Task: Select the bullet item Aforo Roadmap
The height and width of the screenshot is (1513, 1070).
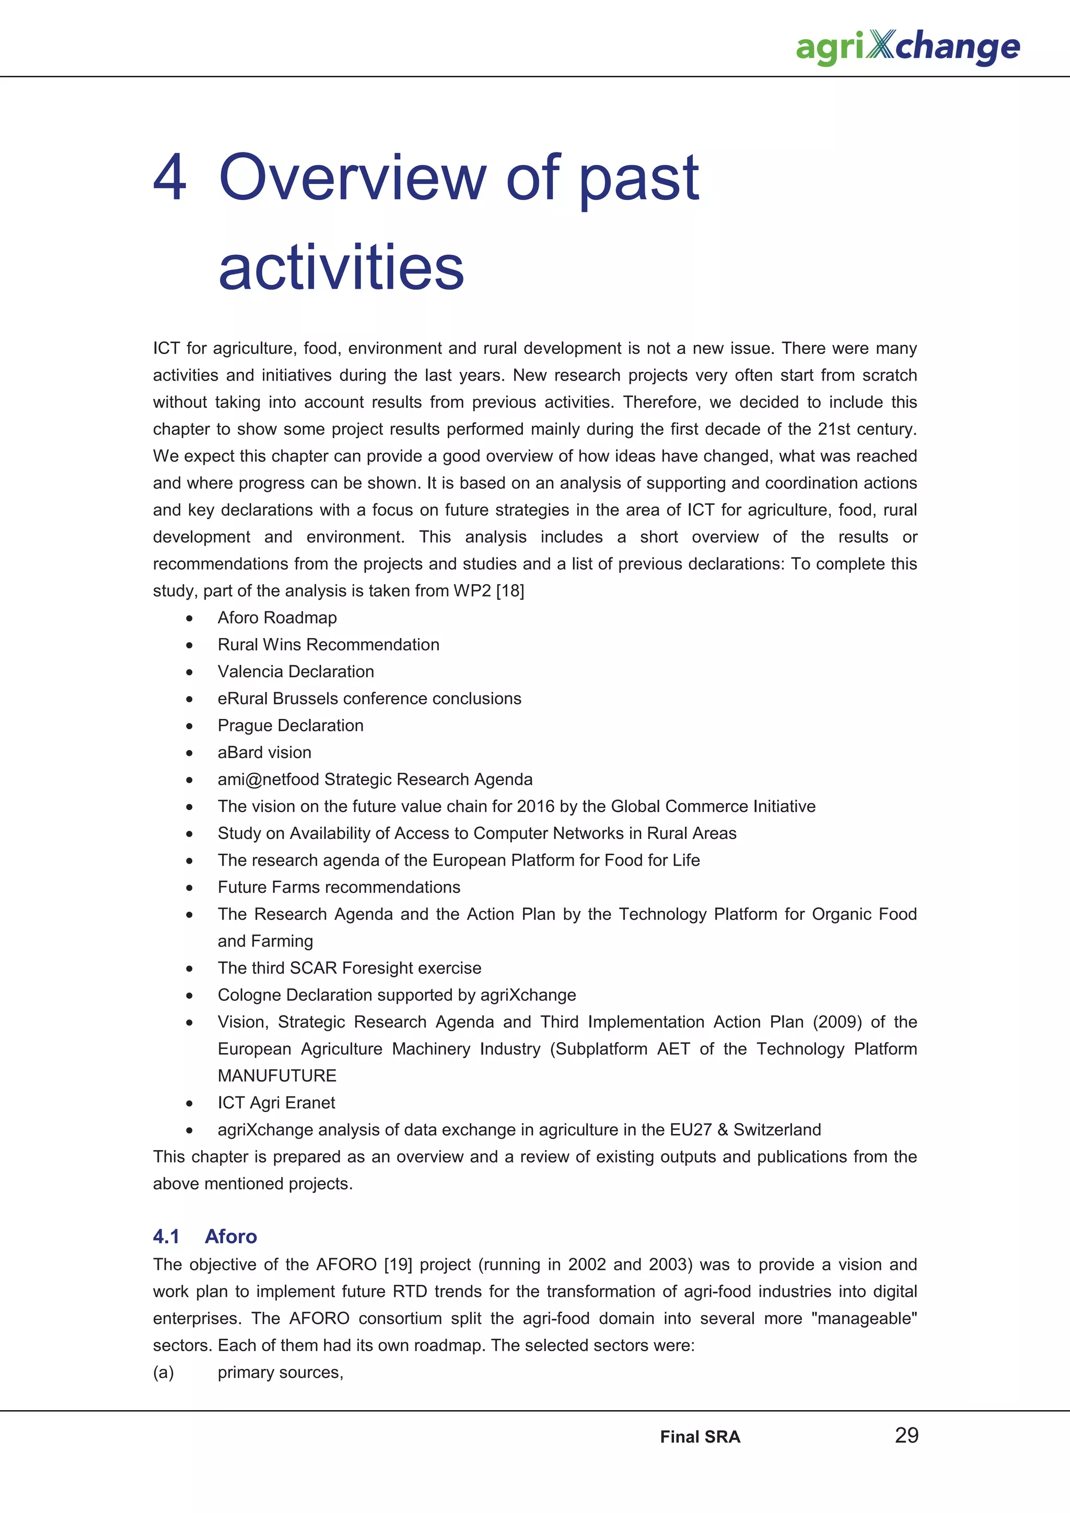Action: click(277, 618)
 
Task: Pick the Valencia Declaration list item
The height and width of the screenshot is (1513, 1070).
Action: click(295, 671)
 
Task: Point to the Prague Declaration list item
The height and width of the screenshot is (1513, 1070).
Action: click(290, 726)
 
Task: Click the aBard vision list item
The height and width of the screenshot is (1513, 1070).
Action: click(264, 752)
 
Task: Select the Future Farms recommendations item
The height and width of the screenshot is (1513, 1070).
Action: click(339, 888)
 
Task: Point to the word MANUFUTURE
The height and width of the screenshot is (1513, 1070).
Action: click(277, 1076)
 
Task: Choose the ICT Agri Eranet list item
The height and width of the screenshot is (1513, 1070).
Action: click(276, 1103)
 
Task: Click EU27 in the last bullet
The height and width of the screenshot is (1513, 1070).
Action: click(690, 1130)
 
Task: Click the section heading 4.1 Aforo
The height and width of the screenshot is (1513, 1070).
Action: click(204, 1236)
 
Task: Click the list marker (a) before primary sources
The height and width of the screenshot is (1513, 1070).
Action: click(164, 1373)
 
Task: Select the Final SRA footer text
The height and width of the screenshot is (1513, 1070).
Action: click(700, 1437)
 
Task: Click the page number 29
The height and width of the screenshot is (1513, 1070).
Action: click(906, 1435)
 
